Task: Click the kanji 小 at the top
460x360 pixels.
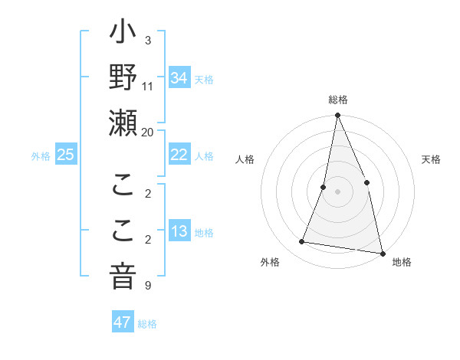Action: pos(123,35)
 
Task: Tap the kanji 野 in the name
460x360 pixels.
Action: pos(123,80)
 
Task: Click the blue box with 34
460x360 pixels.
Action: pos(179,78)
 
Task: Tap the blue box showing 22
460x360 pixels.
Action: pos(179,155)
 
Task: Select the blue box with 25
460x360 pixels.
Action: pos(65,155)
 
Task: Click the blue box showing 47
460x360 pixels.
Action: pos(123,322)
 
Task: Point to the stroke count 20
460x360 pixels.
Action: pos(148,132)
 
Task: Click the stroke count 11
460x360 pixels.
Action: pos(148,87)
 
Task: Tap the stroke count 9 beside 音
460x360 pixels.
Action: pos(147,286)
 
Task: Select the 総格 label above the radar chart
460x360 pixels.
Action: pos(337,100)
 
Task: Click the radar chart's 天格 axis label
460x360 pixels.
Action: pos(432,159)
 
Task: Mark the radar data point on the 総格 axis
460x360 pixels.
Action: pos(337,116)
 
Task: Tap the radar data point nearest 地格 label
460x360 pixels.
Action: pos(382,252)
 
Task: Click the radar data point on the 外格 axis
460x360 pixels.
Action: pos(302,242)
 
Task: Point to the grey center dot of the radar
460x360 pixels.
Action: pos(337,191)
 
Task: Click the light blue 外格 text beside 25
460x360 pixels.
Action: pos(41,155)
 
